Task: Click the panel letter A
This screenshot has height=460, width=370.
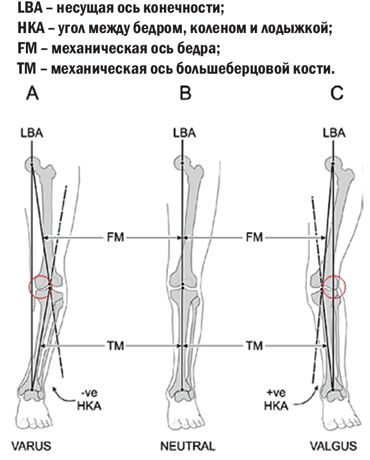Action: (32, 94)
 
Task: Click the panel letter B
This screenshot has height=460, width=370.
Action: (185, 94)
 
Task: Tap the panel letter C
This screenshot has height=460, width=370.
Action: (337, 94)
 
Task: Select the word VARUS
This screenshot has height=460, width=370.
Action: (31, 446)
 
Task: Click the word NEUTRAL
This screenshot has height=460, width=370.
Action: (188, 446)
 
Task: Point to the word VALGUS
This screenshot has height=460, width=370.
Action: (333, 446)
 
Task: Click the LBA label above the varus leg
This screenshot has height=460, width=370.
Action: (32, 133)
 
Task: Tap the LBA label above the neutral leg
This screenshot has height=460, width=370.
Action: (184, 133)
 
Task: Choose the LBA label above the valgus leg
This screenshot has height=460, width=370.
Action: (334, 133)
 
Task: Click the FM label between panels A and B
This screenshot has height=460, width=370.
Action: (115, 237)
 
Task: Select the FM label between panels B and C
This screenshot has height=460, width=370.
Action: (254, 237)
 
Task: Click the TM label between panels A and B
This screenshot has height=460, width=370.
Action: (115, 346)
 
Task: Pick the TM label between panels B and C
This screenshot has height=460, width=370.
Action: (254, 346)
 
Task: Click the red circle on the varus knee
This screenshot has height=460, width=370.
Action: (29, 287)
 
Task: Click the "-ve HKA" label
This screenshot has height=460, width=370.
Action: (89, 400)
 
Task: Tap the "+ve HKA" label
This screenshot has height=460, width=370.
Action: (276, 400)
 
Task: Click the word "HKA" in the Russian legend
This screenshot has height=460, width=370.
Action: (31, 28)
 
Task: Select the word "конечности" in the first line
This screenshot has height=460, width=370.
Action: (185, 9)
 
